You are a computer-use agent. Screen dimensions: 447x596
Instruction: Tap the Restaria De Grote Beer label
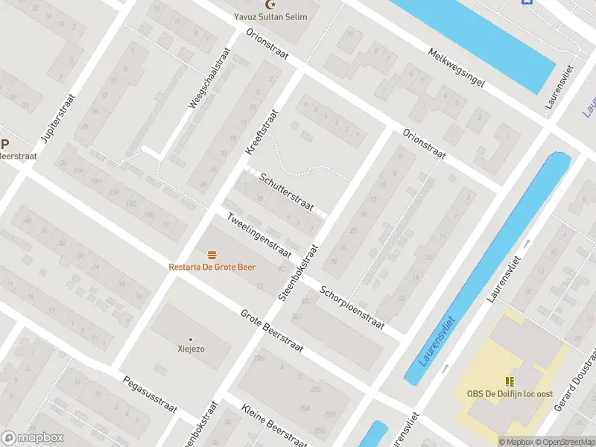coord(212,267)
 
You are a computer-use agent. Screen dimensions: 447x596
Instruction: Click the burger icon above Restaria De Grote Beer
coord(212,255)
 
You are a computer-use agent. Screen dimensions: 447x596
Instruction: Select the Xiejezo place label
coord(191,349)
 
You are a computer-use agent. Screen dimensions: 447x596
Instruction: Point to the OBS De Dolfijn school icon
coord(510,381)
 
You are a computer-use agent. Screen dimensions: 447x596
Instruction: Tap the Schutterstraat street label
coord(287,191)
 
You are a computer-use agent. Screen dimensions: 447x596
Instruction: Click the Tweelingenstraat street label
coord(259,235)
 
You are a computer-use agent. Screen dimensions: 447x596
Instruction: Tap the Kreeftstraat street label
coord(261,133)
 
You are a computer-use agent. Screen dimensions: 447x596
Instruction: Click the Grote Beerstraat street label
coord(273,333)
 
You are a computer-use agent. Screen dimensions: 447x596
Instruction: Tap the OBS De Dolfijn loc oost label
coord(510,393)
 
